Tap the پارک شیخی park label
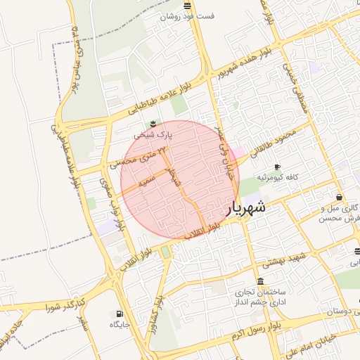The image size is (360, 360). tap(154, 132)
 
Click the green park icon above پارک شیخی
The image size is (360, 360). tap(154, 123)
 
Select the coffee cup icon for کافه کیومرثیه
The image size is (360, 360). tap(277, 167)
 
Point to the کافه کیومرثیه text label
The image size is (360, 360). tap(271, 177)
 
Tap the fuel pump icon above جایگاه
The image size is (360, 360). tap(118, 314)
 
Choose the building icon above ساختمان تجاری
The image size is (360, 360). tap(261, 282)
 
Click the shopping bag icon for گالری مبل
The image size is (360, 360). tap(340, 198)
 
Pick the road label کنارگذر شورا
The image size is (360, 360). tap(66, 304)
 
